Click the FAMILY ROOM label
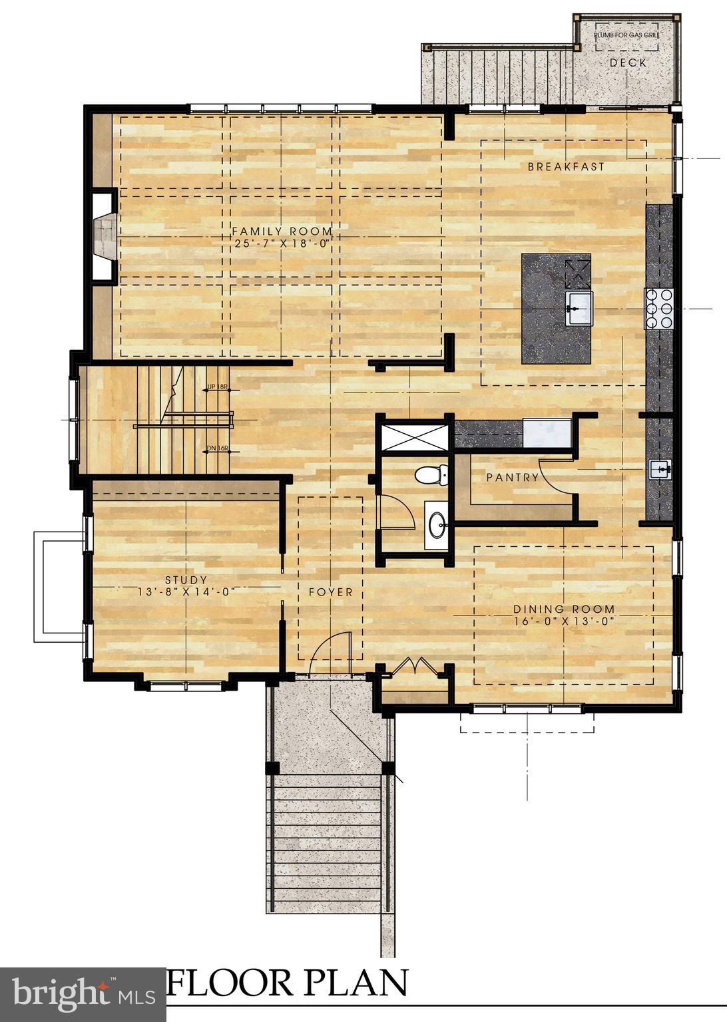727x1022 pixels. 282,232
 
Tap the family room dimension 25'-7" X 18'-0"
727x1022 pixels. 282,244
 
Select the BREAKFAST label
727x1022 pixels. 566,167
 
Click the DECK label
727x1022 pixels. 628,63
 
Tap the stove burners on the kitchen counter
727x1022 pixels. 659,308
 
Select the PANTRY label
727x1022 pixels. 512,477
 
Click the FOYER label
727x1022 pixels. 330,592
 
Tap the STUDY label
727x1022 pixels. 186,580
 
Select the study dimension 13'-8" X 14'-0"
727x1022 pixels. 186,592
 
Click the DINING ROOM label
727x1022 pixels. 563,609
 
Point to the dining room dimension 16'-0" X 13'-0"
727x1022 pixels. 563,621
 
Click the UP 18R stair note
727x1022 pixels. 218,387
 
